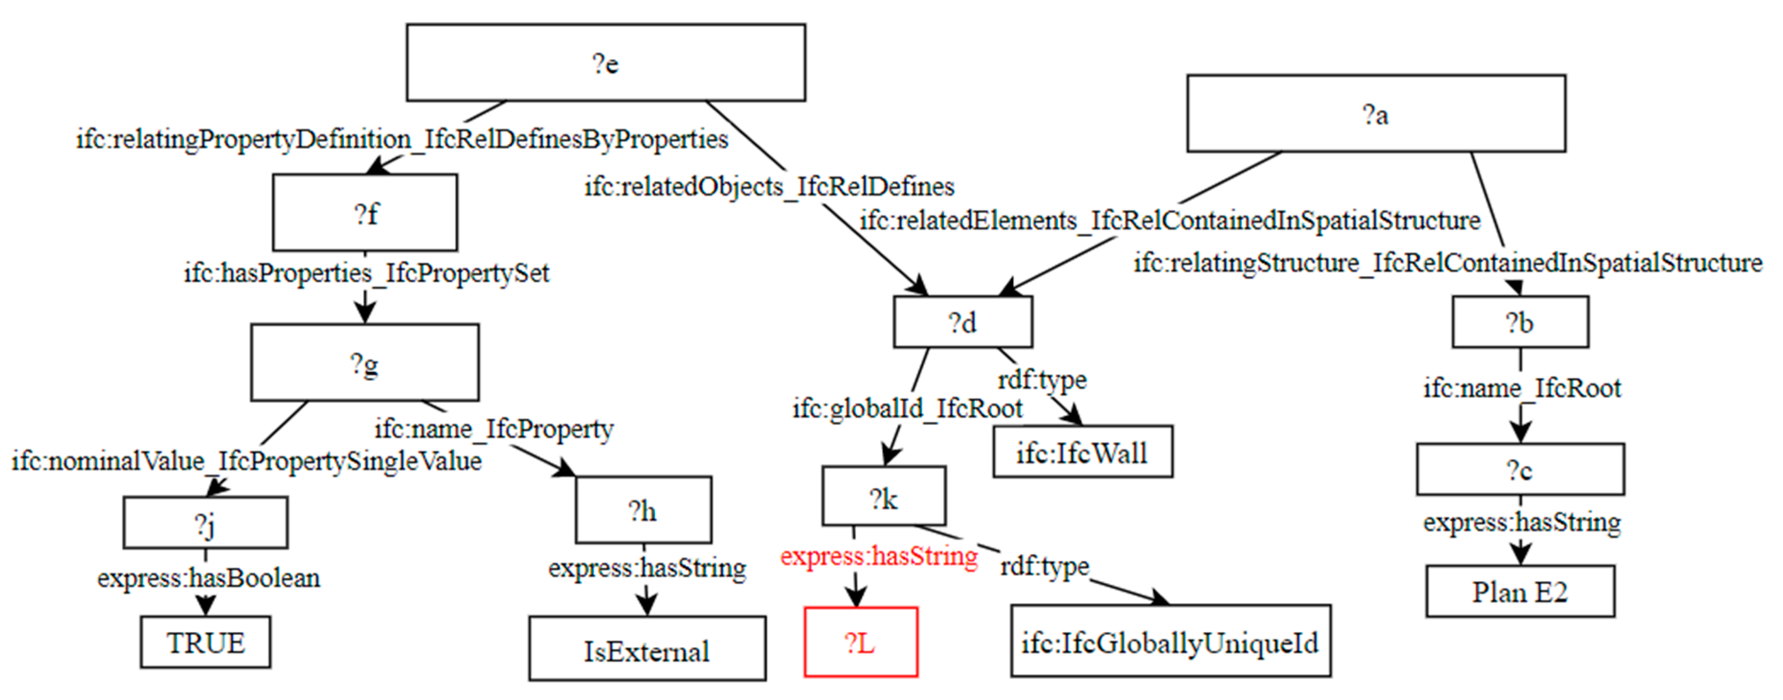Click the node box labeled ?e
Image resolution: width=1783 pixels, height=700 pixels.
[x=606, y=63]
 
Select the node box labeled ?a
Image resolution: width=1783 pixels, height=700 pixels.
[x=1376, y=113]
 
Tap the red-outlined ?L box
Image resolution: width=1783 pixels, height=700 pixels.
[x=860, y=643]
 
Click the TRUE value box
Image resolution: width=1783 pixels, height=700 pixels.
[x=206, y=643]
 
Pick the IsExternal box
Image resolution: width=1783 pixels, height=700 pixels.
[x=647, y=649]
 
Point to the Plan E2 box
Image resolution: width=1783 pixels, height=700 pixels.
[x=1520, y=592]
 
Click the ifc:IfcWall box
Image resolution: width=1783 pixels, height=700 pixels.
[x=1082, y=452]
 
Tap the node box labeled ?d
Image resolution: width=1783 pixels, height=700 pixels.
[x=963, y=322]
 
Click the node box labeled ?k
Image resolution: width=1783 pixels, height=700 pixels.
[x=884, y=497]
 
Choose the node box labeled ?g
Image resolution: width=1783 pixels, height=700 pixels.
[x=365, y=362]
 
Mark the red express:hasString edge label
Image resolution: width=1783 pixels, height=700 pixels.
[x=879, y=556]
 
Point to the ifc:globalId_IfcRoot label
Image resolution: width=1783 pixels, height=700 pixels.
[x=907, y=408]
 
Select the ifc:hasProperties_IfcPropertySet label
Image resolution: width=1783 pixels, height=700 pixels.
[x=366, y=273]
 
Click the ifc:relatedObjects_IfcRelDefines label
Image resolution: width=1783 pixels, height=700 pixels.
[x=769, y=186]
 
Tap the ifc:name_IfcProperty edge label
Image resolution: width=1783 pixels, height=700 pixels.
[x=493, y=429]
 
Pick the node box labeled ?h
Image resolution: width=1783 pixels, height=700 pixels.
[x=643, y=510]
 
